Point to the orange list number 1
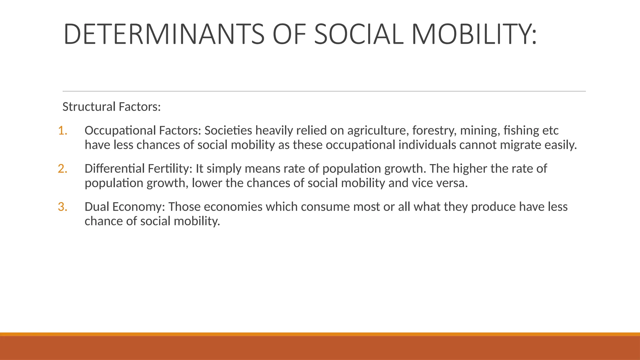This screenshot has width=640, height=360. (62, 131)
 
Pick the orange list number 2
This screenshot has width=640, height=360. (62, 169)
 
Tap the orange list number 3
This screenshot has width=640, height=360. (62, 207)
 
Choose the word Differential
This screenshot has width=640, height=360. (114, 169)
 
